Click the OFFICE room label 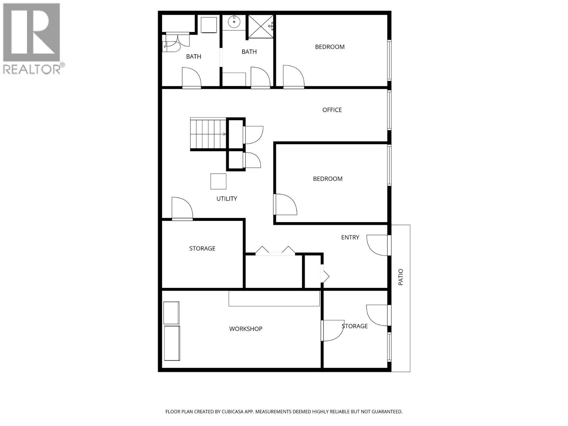(332, 110)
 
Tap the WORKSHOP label (246, 329)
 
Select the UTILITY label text (226, 199)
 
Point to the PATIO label (401, 277)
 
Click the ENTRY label (350, 237)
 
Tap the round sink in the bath (234, 22)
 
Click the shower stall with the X (261, 27)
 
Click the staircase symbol (208, 134)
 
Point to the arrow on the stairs (224, 134)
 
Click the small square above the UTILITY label (218, 181)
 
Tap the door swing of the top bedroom (293, 76)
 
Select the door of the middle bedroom (285, 204)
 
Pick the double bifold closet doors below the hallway (275, 250)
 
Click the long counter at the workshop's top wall (274, 298)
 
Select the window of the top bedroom (389, 60)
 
